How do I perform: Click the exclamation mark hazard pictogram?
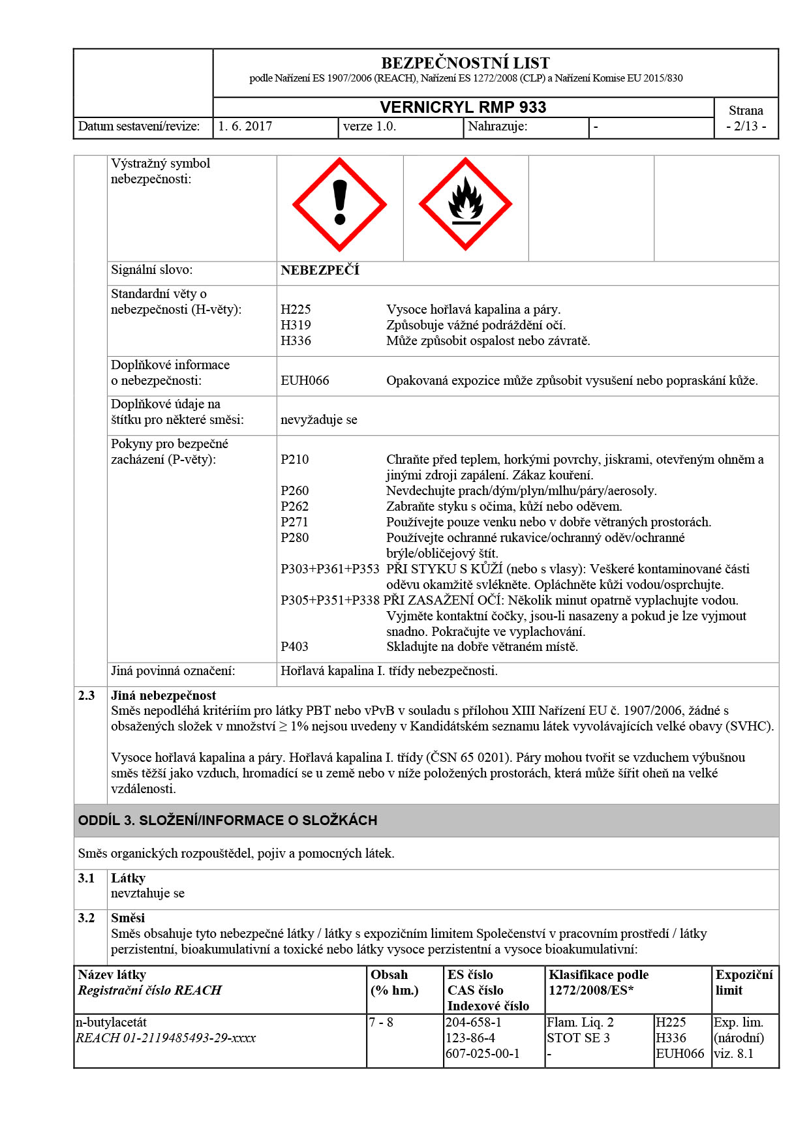(x=339, y=204)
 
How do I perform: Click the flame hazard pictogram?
(x=465, y=204)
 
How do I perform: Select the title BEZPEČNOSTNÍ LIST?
(x=465, y=63)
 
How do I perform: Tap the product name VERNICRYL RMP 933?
(x=463, y=108)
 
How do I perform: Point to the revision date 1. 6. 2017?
(x=245, y=127)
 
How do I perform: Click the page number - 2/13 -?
(x=746, y=127)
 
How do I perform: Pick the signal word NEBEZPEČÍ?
(x=320, y=271)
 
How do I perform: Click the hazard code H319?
(x=296, y=325)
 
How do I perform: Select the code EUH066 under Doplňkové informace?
(x=305, y=381)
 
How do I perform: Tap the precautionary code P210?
(x=294, y=460)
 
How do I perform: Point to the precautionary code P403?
(x=294, y=647)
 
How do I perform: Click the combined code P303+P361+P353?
(x=330, y=569)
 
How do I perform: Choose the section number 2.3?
(x=87, y=696)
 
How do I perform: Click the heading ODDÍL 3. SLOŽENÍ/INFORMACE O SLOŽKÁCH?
(x=228, y=820)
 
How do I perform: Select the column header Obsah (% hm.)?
(x=394, y=983)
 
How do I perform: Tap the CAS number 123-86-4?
(x=470, y=1038)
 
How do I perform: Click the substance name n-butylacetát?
(x=112, y=1023)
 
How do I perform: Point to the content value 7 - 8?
(x=381, y=1023)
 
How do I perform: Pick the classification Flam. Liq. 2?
(x=580, y=1023)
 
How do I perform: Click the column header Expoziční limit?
(x=744, y=983)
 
